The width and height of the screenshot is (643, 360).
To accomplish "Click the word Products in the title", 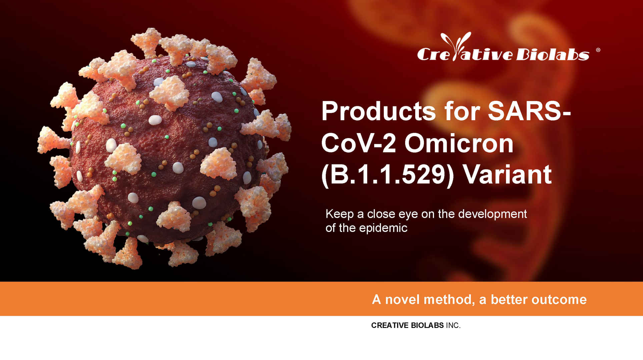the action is tap(379, 111).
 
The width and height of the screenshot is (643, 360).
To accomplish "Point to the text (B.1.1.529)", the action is tap(388, 175).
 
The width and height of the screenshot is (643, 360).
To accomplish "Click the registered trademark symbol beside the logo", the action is tap(598, 50).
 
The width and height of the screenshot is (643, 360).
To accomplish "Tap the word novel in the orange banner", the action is tap(402, 300).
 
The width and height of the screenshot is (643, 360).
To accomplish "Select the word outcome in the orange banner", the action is tap(559, 300).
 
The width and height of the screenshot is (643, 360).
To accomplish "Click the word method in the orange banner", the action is tap(449, 300).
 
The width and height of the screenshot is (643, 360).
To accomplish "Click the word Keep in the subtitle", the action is tap(340, 214).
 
